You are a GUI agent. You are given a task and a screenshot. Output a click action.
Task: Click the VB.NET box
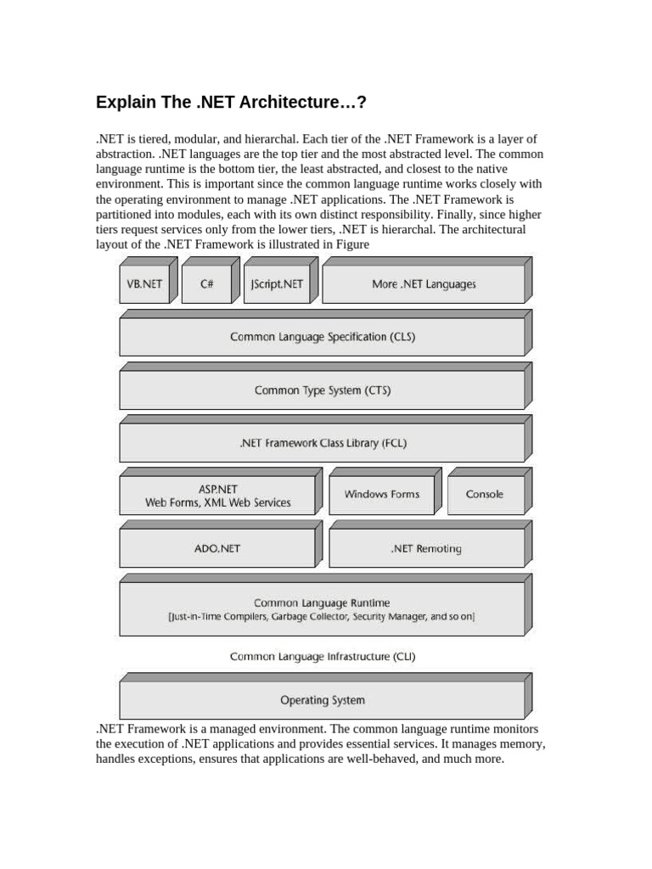144,284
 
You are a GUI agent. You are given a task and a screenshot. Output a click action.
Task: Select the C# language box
206,284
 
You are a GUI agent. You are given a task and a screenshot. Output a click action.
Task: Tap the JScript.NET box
277,284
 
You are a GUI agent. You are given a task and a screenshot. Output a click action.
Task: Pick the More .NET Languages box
423,284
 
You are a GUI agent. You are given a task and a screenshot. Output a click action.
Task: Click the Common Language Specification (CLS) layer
322,337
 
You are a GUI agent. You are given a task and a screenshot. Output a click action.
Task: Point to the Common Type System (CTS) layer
322,390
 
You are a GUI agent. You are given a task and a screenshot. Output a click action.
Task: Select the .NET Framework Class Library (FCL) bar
322,443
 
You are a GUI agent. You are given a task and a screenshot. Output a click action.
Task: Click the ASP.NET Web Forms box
217,496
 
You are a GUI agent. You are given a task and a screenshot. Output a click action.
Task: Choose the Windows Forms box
381,494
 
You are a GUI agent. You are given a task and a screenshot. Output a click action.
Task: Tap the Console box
484,494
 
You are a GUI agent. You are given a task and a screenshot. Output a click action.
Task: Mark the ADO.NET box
217,548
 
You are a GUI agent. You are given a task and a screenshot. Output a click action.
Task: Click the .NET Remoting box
426,548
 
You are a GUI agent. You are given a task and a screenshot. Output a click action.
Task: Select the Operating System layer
322,700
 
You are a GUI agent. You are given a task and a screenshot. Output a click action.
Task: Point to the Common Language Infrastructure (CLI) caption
323,656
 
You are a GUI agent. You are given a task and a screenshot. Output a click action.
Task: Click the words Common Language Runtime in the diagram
322,603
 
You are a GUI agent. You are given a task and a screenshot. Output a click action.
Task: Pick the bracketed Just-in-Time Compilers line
322,618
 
